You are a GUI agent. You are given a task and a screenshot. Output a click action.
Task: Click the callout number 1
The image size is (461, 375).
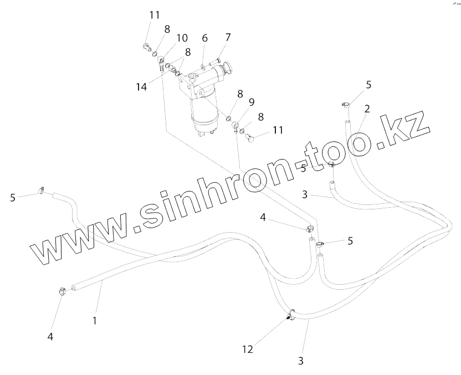pyautogui.click(x=95, y=320)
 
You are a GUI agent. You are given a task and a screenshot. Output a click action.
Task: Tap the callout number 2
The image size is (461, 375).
pyautogui.click(x=366, y=109)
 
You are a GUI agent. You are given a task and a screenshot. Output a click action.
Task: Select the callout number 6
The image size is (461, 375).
pyautogui.click(x=204, y=38)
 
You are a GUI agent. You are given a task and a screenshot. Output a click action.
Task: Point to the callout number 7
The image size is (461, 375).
pyautogui.click(x=227, y=38)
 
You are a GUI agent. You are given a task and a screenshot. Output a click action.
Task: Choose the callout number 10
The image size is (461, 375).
pyautogui.click(x=182, y=38)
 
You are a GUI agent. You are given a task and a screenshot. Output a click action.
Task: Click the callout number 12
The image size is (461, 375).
pyautogui.click(x=247, y=349)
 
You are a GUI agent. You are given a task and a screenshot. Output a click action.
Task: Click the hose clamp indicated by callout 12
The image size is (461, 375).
pyautogui.click(x=289, y=316)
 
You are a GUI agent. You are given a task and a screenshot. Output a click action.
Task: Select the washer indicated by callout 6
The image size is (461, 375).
pyautogui.click(x=203, y=66)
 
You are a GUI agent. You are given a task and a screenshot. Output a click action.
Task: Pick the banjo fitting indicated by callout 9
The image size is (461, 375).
pyautogui.click(x=236, y=125)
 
